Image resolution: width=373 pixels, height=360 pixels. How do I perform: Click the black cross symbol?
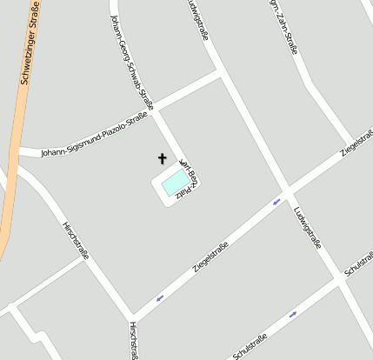[x=161, y=158]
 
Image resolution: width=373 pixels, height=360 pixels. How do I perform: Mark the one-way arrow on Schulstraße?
[x=293, y=314]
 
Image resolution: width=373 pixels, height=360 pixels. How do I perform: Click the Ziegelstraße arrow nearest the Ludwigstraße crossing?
[x=277, y=202]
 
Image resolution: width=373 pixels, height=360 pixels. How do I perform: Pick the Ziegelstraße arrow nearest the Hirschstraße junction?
[x=160, y=298]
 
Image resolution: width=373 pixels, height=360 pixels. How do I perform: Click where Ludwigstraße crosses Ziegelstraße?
[x=286, y=190]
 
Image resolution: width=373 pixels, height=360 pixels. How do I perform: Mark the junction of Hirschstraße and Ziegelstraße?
[x=132, y=316]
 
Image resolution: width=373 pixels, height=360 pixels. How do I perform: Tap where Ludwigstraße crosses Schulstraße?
[x=337, y=281]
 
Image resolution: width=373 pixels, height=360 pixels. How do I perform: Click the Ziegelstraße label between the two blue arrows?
[x=210, y=258]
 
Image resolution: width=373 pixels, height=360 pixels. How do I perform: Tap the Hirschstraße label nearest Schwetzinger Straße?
[x=77, y=240]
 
